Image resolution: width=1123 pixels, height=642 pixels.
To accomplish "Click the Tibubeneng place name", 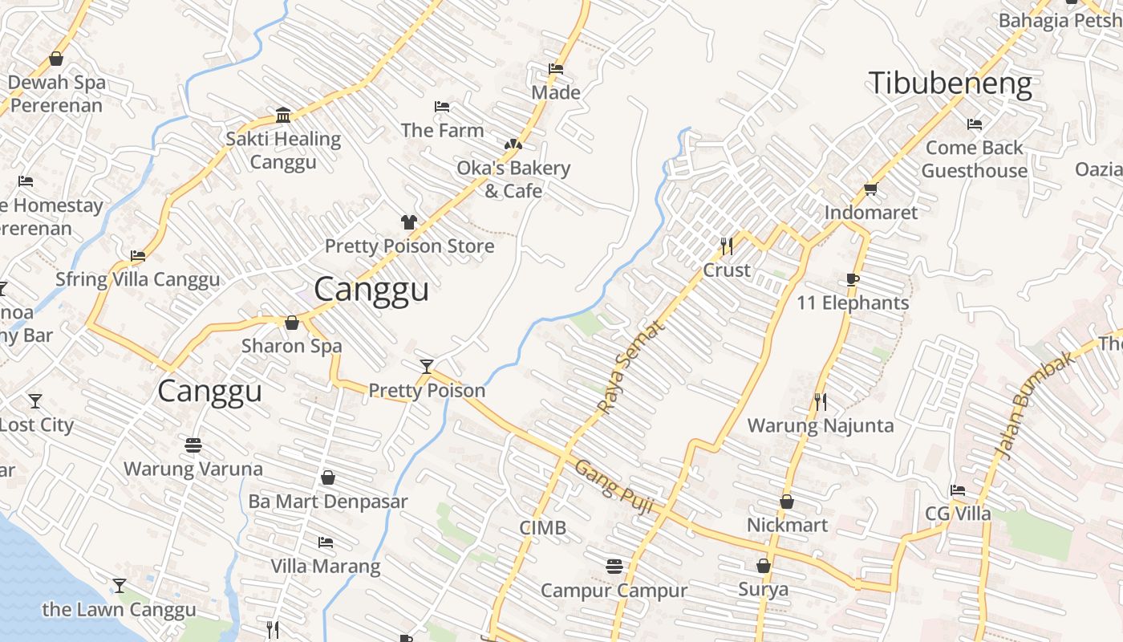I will [x=951, y=83].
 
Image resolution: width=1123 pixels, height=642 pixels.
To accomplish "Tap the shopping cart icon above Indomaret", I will [x=871, y=189].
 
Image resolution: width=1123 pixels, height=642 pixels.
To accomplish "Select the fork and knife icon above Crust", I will [x=727, y=246].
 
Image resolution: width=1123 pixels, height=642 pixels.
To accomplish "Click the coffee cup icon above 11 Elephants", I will [x=852, y=279].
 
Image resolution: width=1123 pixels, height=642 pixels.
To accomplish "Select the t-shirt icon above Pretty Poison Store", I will [x=409, y=222].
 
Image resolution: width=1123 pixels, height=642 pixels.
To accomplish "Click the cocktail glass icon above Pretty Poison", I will [x=427, y=367].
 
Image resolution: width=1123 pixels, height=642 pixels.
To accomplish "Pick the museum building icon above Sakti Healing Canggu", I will [x=282, y=116].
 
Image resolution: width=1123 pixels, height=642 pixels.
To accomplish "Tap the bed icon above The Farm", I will [x=441, y=107].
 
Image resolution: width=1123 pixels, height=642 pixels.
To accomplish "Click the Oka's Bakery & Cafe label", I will [x=513, y=179].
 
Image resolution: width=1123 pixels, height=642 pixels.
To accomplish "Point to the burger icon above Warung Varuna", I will [x=193, y=445].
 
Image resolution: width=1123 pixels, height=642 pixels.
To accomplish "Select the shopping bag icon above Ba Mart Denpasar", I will [x=327, y=477].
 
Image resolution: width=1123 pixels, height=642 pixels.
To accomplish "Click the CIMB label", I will [x=543, y=528].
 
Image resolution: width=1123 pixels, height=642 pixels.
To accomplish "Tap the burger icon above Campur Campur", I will [x=614, y=567].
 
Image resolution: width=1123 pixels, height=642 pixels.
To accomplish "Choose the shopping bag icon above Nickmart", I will [x=787, y=502].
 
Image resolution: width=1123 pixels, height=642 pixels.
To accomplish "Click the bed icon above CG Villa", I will [x=958, y=490].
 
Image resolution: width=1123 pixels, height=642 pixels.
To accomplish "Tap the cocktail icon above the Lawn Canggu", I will [x=120, y=586].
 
